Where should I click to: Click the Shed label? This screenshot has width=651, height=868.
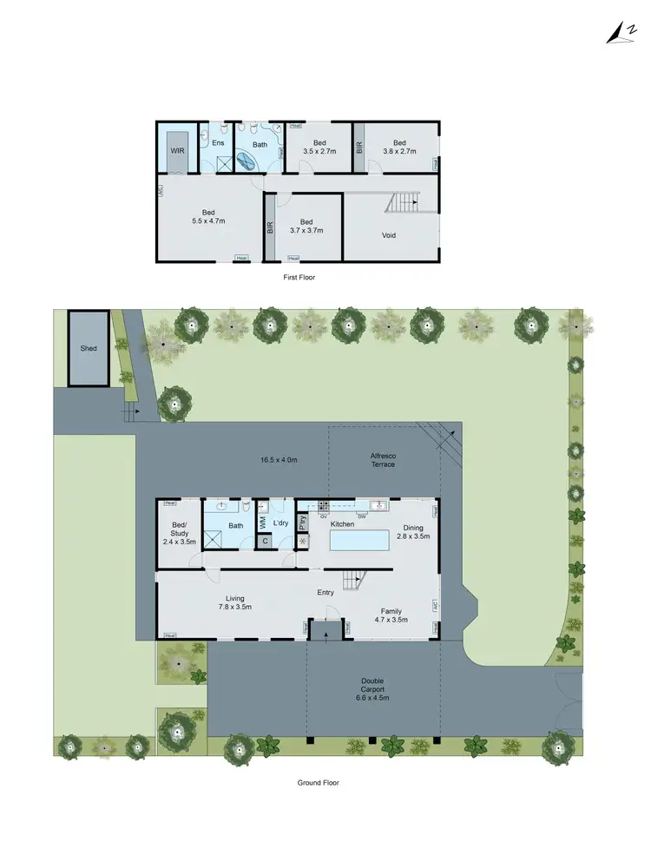pyautogui.click(x=89, y=348)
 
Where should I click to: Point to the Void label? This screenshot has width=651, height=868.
pyautogui.click(x=390, y=234)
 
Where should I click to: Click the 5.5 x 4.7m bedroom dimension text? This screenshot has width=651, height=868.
pyautogui.click(x=208, y=221)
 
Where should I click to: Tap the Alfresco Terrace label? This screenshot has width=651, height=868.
pyautogui.click(x=384, y=459)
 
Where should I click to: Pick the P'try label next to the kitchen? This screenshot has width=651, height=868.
pyautogui.click(x=303, y=523)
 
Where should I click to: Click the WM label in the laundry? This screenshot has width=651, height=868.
pyautogui.click(x=262, y=524)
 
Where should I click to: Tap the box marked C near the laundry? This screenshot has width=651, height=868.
pyautogui.click(x=266, y=542)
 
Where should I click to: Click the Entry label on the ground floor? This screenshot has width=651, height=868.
pyautogui.click(x=325, y=593)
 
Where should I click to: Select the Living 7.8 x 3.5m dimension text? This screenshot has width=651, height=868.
pyautogui.click(x=235, y=608)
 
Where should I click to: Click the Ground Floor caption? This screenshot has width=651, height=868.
pyautogui.click(x=318, y=782)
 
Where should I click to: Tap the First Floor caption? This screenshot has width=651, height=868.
pyautogui.click(x=299, y=277)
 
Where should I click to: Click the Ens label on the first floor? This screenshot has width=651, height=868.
pyautogui.click(x=218, y=142)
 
